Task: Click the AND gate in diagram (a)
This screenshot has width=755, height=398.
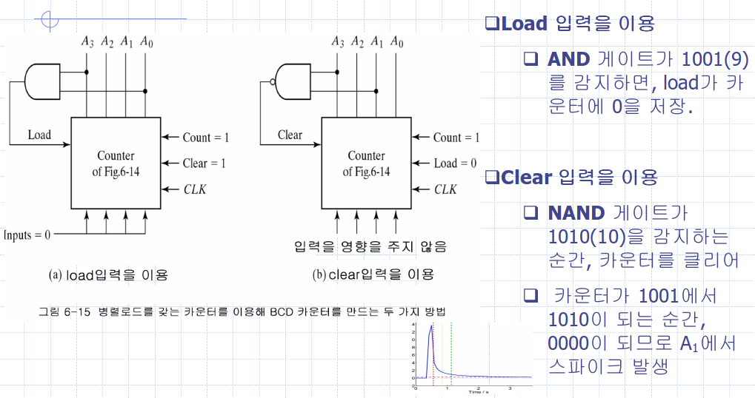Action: [x=44, y=81]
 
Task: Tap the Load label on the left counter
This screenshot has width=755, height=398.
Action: [x=39, y=135]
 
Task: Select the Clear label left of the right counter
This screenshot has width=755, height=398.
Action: [x=290, y=135]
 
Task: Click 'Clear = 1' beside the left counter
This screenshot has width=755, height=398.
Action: [x=204, y=163]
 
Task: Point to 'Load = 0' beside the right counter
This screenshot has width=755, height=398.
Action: [x=455, y=163]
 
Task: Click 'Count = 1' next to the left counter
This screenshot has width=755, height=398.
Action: [x=206, y=137]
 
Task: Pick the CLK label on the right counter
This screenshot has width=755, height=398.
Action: [x=445, y=189]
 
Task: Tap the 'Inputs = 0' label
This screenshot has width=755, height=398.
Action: [x=27, y=235]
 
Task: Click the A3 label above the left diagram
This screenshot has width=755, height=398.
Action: [x=88, y=41]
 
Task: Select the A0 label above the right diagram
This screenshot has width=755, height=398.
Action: [x=397, y=41]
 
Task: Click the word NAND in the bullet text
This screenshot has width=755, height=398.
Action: [x=576, y=214]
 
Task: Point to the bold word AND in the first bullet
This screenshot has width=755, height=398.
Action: [x=568, y=59]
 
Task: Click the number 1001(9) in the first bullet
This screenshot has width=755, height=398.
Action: [x=709, y=59]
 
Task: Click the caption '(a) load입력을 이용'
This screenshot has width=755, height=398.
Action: [x=108, y=275]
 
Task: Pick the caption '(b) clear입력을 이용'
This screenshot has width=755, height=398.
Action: [x=373, y=275]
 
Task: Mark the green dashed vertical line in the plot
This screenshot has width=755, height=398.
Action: [x=450, y=355]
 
